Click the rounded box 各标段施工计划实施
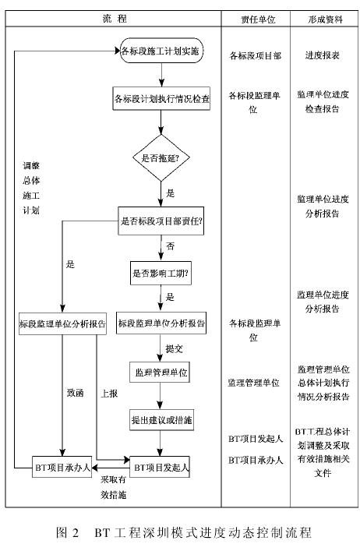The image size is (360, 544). click(x=161, y=51)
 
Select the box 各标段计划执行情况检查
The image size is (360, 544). click(x=161, y=98)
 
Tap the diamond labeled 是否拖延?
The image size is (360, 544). click(x=161, y=158)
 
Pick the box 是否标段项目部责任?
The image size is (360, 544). click(x=161, y=221)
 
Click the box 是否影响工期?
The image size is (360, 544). click(x=161, y=273)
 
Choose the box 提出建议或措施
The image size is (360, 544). click(x=161, y=420)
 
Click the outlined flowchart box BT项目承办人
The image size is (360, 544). click(x=62, y=467)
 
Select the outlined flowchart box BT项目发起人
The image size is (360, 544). click(x=160, y=467)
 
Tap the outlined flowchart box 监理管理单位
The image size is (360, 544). click(x=160, y=373)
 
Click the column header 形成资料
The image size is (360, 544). click(x=325, y=19)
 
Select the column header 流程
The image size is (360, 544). click(x=115, y=19)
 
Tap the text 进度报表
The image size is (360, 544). click(x=322, y=55)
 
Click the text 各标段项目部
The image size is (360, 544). click(x=256, y=55)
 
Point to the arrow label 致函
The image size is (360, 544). click(x=76, y=393)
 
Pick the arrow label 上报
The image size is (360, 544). click(x=109, y=394)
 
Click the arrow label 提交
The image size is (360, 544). click(x=174, y=348)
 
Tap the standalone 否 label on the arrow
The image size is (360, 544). click(x=171, y=246)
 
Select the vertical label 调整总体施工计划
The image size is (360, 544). click(x=31, y=188)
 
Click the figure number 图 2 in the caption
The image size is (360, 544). click(x=68, y=532)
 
